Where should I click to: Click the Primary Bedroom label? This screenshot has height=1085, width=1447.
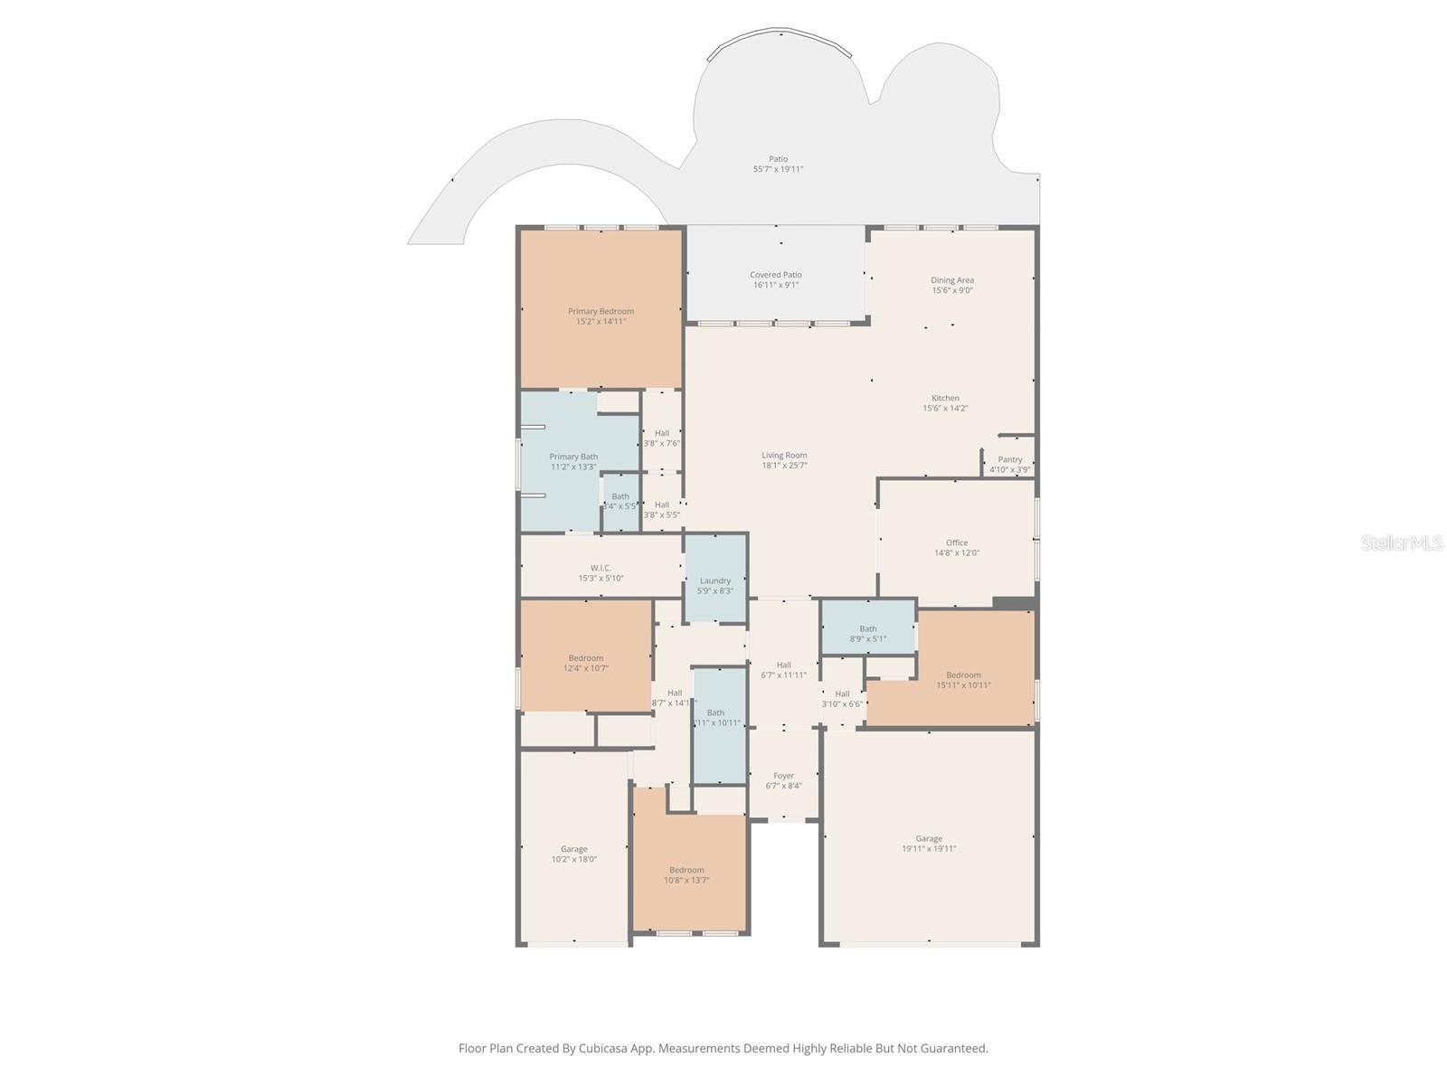pos(601,311)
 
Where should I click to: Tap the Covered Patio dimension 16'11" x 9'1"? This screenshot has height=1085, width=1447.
pos(776,285)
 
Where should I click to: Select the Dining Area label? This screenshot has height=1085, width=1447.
pos(952,280)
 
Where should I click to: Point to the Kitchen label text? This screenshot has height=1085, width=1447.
pos(945,398)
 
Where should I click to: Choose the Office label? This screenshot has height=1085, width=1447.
pos(957,542)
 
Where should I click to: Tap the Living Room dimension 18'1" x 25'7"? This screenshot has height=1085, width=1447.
pos(784,466)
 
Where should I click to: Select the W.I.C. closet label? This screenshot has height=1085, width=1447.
pos(601,568)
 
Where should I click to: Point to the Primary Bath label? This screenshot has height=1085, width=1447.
pos(573,457)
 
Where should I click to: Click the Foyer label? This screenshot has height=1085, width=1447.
pos(783,776)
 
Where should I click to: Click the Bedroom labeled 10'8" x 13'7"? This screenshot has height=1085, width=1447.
pos(686,874)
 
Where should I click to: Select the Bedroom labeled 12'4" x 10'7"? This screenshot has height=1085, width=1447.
pos(586,663)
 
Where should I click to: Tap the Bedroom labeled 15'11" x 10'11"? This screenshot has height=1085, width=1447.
pos(963,680)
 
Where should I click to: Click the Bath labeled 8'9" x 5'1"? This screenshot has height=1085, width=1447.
pos(868,634)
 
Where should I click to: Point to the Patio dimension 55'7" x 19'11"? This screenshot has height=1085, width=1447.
pos(778,169)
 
